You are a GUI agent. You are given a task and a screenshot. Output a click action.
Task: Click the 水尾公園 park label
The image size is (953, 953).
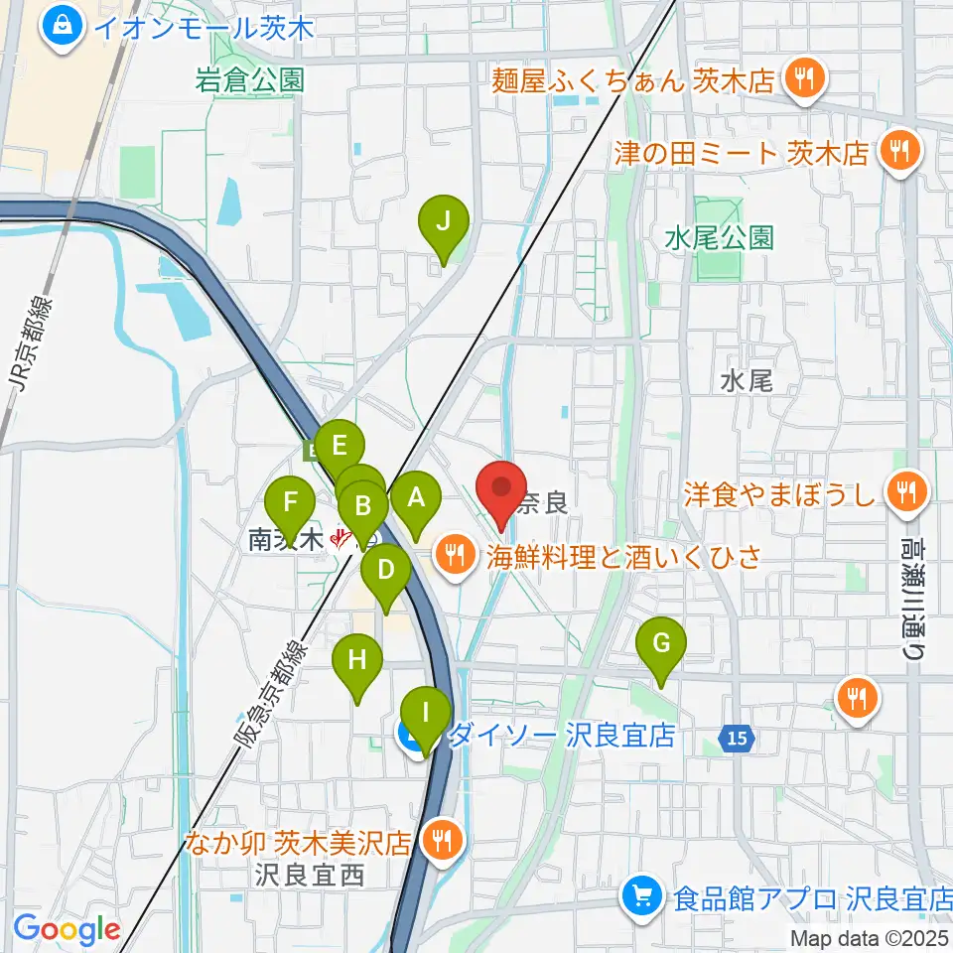(x=719, y=238)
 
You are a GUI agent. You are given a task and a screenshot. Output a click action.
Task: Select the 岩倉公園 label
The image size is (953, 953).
(x=249, y=80)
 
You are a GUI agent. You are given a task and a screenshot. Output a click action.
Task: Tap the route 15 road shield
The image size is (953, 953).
(x=734, y=738)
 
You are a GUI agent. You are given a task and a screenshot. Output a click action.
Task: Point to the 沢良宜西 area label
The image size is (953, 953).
(x=309, y=875)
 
